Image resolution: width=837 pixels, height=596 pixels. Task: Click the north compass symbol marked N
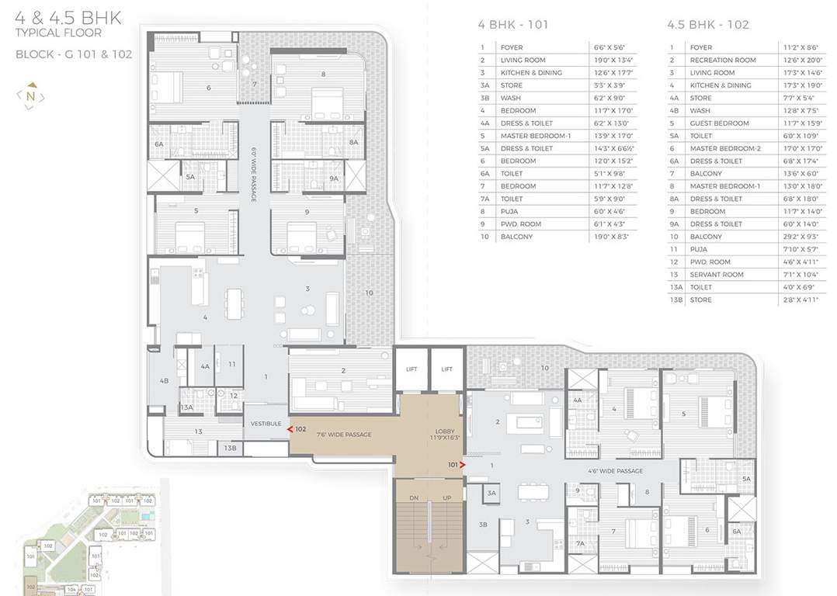30,96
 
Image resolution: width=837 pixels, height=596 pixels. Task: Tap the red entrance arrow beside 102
290,428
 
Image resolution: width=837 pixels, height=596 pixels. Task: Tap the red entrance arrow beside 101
463,465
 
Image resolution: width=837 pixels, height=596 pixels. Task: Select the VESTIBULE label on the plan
266,424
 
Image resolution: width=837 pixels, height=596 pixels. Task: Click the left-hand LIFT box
411,369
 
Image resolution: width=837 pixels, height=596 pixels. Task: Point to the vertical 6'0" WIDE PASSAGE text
254,174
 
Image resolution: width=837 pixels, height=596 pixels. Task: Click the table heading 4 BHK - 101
512,25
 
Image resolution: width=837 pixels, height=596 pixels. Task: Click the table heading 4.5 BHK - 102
707,25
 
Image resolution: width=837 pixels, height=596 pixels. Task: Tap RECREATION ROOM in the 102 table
722,61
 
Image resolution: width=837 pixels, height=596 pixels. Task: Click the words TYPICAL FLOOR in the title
58,33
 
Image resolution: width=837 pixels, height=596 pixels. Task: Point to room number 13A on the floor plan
187,407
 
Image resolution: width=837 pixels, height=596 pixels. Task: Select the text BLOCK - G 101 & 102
74,54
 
